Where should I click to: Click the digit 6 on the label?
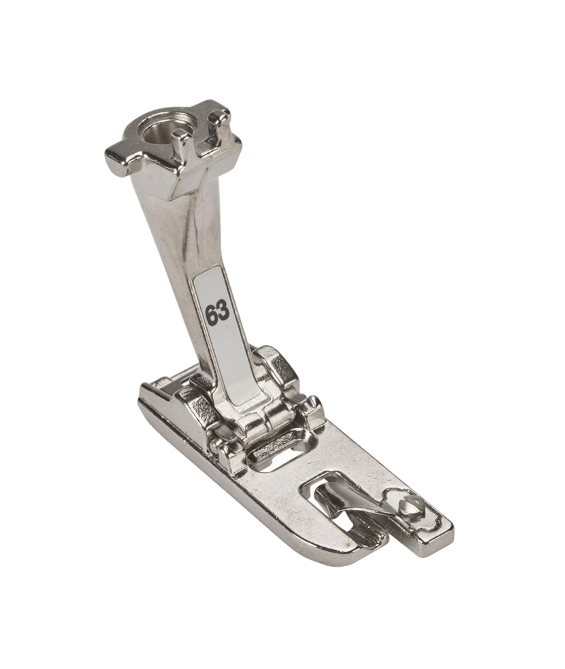211,316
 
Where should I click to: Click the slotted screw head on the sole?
404,507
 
